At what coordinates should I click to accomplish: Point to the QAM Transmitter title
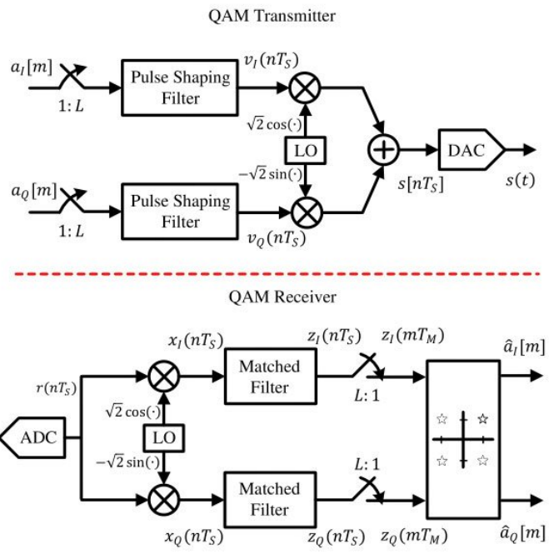tap(278, 14)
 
